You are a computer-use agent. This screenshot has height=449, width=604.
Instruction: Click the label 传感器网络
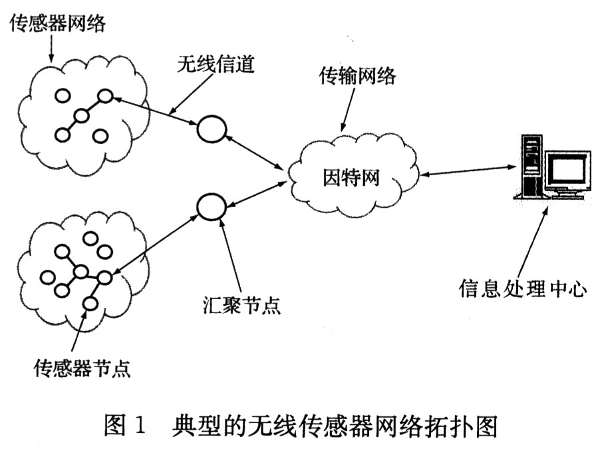click(57, 25)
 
